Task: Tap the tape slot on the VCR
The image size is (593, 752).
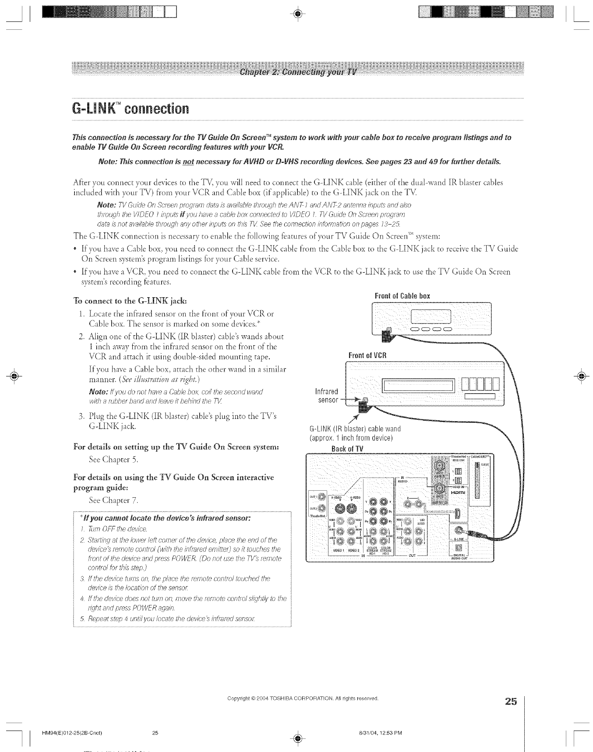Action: tap(420, 386)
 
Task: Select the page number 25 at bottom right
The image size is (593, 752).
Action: tap(511, 702)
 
